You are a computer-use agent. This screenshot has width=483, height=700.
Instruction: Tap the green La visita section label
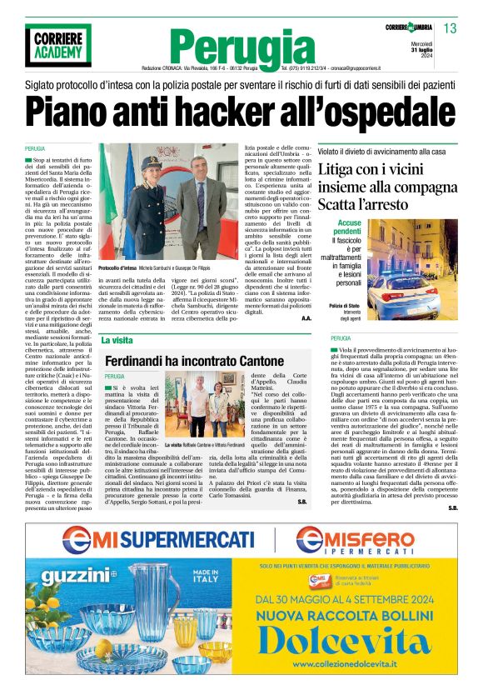coord(117,340)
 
